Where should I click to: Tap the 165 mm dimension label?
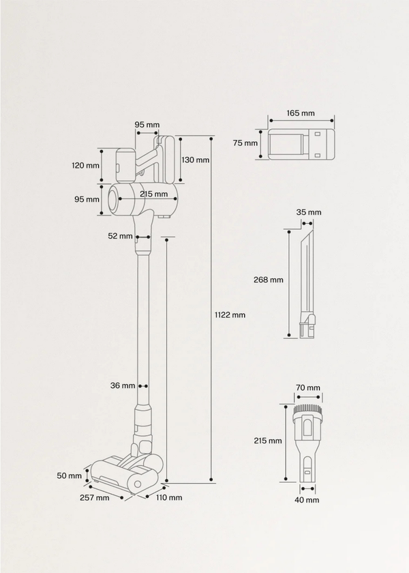tap(301, 113)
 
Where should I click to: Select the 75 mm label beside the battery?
tap(245, 143)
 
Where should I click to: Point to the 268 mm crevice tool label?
tap(267, 280)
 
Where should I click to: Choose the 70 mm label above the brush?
tap(308, 388)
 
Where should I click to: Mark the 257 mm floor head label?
tap(93, 497)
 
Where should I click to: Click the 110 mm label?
tap(170, 497)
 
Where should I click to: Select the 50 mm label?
tap(73, 475)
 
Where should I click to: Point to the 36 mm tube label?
tap(123, 386)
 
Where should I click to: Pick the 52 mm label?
tap(120, 236)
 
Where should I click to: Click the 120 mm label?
tap(86, 165)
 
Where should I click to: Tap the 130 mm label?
tap(196, 160)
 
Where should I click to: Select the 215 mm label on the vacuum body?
tap(153, 194)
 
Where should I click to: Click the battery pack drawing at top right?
tap(301, 144)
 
